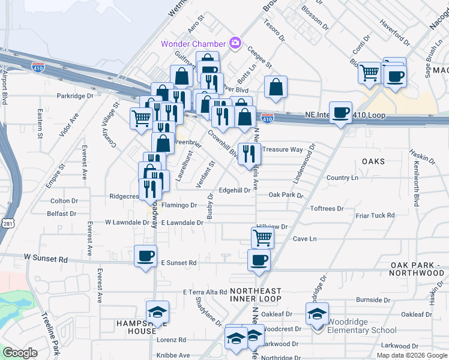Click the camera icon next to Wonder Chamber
(235, 43)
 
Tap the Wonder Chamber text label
(193, 44)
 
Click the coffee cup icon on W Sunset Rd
(145, 256)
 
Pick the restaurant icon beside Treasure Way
(249, 153)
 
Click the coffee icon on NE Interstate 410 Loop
(341, 113)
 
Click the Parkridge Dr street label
(75, 95)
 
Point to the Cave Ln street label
(304, 238)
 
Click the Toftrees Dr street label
(327, 209)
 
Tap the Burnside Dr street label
(373, 299)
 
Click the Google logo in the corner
(20, 353)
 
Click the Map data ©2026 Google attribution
(411, 355)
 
